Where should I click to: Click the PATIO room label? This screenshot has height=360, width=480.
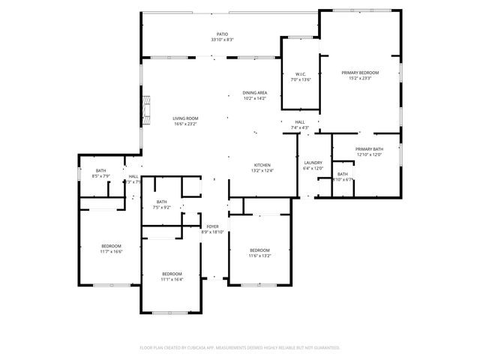coord(222,34)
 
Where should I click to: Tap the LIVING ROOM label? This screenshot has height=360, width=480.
coord(184,118)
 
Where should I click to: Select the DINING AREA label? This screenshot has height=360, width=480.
coord(254,93)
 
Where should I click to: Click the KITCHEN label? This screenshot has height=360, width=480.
coord(262,165)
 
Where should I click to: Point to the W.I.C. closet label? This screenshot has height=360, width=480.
coord(300,74)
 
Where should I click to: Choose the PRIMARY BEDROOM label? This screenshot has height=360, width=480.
coord(360,73)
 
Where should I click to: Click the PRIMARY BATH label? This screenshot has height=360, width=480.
coord(369,149)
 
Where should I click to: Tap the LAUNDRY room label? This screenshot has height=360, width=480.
coord(313,163)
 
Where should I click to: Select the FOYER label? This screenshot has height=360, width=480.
coord(213,226)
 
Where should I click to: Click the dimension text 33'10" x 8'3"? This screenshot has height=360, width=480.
coord(222,40)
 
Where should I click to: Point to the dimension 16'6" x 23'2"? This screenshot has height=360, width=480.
coord(184,124)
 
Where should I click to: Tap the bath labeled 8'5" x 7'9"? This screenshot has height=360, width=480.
coord(100,173)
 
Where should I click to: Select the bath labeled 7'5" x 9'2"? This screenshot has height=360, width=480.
coord(162,204)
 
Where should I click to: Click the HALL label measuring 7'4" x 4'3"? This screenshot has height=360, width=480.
coord(300,124)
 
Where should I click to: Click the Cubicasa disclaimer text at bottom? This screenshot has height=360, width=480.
coord(240,347)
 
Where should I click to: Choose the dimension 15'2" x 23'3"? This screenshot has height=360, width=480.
coord(360,79)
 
